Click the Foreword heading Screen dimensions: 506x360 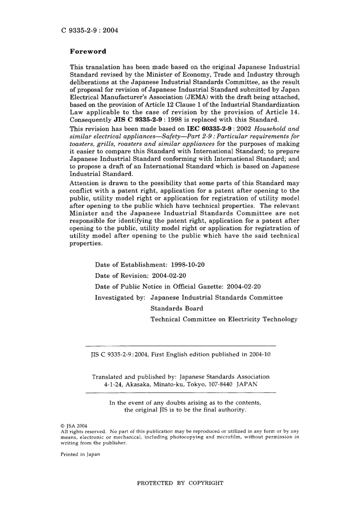88,52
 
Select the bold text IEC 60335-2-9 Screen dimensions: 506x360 209,129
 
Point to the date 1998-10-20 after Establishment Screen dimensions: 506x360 188,265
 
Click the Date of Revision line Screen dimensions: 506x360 140,276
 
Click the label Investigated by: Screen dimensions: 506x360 120,298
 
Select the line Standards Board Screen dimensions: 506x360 177,308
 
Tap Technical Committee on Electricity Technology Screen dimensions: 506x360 224,319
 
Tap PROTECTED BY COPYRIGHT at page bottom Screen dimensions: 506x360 180,483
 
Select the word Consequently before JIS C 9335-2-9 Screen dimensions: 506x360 90,120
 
